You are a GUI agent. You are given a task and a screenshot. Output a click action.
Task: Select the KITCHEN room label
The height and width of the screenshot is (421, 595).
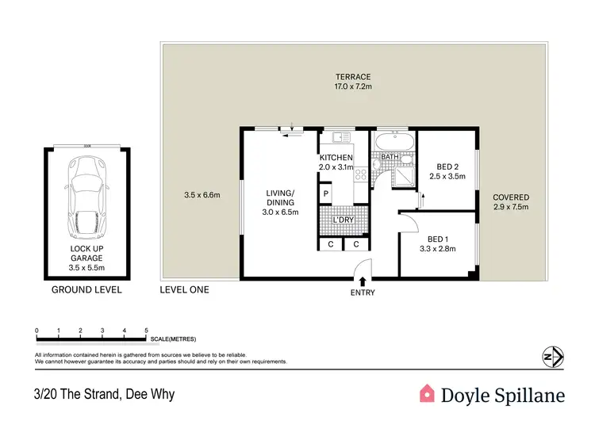[x=336, y=158]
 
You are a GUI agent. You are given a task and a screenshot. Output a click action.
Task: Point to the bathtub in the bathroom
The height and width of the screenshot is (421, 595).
[x=393, y=144]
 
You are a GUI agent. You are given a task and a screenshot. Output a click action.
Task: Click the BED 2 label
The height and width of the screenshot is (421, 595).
[x=449, y=166]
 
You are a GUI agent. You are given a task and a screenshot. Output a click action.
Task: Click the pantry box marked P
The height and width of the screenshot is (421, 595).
[x=325, y=193]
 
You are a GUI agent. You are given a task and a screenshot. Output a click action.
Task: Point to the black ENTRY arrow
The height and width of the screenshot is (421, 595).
[x=363, y=281]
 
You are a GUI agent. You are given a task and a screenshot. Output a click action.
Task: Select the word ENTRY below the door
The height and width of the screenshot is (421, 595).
[x=362, y=293]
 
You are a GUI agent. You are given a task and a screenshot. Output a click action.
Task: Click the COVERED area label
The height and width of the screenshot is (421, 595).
[x=510, y=197]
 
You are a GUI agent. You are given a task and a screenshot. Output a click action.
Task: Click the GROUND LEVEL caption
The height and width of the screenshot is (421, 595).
[x=87, y=290]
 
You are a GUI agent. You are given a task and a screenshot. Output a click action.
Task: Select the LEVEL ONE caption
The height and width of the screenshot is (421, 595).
[x=185, y=290]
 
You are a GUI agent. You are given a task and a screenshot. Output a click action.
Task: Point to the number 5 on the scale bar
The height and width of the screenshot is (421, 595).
[x=146, y=328]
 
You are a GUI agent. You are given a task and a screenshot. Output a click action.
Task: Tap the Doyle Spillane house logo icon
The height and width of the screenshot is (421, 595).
[x=428, y=393]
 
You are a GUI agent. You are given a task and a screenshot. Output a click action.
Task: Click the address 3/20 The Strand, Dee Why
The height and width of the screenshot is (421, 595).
[x=104, y=394]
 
